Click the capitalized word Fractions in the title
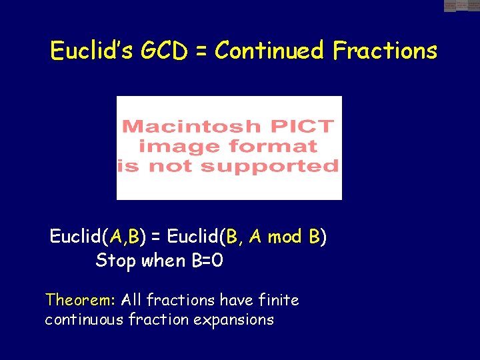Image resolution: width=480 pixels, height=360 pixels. pyautogui.click(x=385, y=51)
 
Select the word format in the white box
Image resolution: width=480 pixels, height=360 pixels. pyautogui.click(x=275, y=145)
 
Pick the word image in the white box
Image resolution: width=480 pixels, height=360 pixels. pyautogui.click(x=181, y=145)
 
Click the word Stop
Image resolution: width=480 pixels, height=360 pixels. pyautogui.click(x=115, y=261)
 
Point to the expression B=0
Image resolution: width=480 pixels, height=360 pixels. pyautogui.click(x=207, y=261)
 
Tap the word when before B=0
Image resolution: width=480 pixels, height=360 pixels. pyautogui.click(x=164, y=261)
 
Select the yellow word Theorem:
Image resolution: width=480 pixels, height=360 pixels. pyautogui.click(x=71, y=300)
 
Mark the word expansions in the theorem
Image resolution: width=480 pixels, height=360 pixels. pyautogui.click(x=233, y=320)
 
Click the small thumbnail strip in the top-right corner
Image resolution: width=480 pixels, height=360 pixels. pyautogui.click(x=461, y=6)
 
